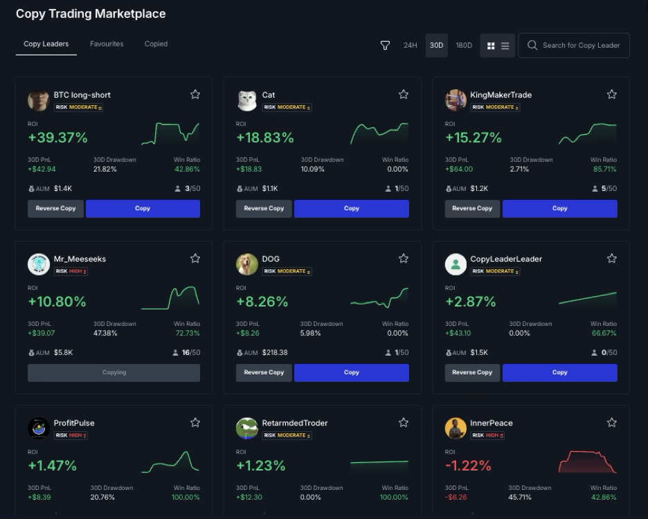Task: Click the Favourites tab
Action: pyautogui.click(x=107, y=44)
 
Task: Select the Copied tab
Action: pyautogui.click(x=156, y=44)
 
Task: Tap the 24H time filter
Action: pyautogui.click(x=411, y=46)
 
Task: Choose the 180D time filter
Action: pyautogui.click(x=464, y=46)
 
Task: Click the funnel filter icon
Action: pyautogui.click(x=385, y=46)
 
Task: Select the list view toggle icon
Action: pyautogui.click(x=505, y=46)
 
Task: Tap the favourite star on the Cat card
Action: pyautogui.click(x=404, y=95)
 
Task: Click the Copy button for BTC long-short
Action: pyautogui.click(x=143, y=208)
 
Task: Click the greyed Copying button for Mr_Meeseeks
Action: pyautogui.click(x=114, y=372)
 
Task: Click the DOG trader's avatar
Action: pyautogui.click(x=247, y=264)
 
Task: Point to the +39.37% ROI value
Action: pyautogui.click(x=58, y=138)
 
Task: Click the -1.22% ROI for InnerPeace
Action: pyautogui.click(x=468, y=466)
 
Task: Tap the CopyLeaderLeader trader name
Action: pyautogui.click(x=506, y=259)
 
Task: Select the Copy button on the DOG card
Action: pyautogui.click(x=352, y=372)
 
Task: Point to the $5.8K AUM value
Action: pyautogui.click(x=63, y=353)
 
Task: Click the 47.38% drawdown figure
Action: pyautogui.click(x=105, y=334)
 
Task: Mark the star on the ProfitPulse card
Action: pyautogui.click(x=195, y=423)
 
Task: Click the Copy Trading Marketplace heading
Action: pyautogui.click(x=91, y=14)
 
